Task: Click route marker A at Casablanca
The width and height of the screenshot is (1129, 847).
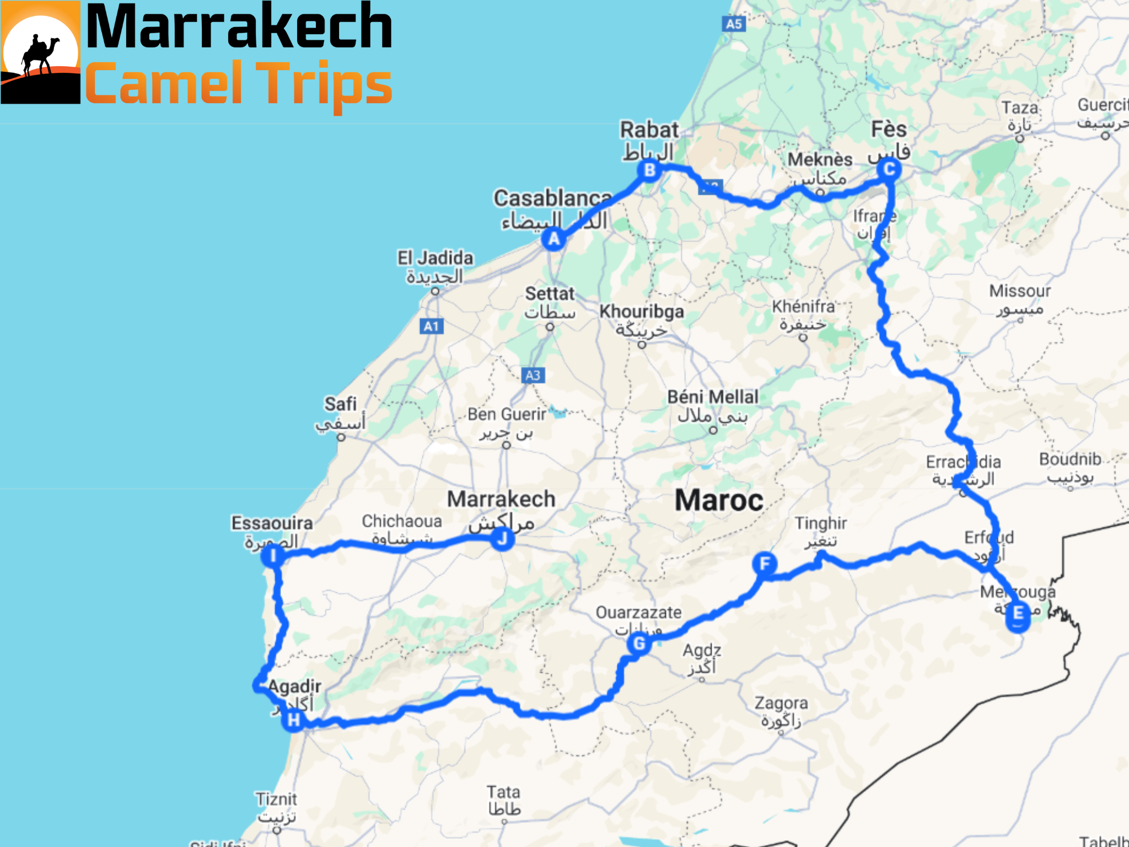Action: [x=553, y=239]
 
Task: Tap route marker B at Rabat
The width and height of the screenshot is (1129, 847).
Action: [x=649, y=170]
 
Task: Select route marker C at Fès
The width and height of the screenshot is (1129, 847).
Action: [x=889, y=169]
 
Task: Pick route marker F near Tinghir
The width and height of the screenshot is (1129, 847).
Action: [x=765, y=564]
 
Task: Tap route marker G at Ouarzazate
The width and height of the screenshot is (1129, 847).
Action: [x=639, y=643]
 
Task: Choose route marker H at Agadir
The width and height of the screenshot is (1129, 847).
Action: [x=294, y=720]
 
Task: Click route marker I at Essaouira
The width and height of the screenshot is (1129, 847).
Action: [x=272, y=555]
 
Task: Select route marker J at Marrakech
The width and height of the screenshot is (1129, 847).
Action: [x=502, y=538]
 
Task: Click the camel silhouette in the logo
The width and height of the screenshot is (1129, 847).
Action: [x=40, y=55]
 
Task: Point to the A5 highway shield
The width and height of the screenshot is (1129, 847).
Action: [x=734, y=24]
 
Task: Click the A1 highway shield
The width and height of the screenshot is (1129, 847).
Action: [x=431, y=326]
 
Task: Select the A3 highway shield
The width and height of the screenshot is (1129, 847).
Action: [x=533, y=376]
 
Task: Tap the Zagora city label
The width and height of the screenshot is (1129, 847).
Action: [x=781, y=704]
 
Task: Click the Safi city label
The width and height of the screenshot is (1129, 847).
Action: [x=341, y=404]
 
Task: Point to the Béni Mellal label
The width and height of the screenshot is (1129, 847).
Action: [x=713, y=397]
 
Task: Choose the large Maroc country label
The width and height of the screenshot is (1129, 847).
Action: [x=719, y=501]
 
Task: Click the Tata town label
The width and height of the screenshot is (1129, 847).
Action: [x=503, y=792]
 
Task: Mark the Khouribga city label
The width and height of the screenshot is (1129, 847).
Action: [x=642, y=312]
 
